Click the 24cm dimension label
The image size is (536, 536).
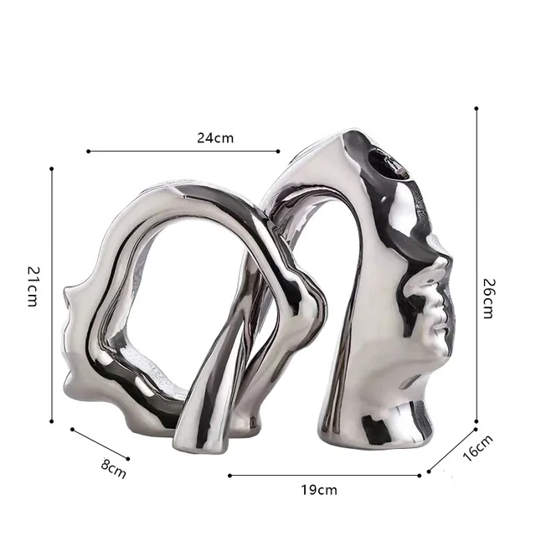[x=215, y=138]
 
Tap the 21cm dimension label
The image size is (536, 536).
[x=33, y=286]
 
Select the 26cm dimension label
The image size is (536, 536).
[x=489, y=299]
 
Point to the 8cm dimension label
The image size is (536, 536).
[x=114, y=469]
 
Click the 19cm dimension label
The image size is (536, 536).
[x=319, y=490]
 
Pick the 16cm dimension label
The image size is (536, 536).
[x=478, y=447]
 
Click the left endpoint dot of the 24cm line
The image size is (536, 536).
[x=88, y=151]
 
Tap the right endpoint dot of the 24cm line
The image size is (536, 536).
[x=278, y=151]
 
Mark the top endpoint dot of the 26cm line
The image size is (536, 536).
[x=477, y=108]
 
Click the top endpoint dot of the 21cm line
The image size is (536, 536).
[x=52, y=168]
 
